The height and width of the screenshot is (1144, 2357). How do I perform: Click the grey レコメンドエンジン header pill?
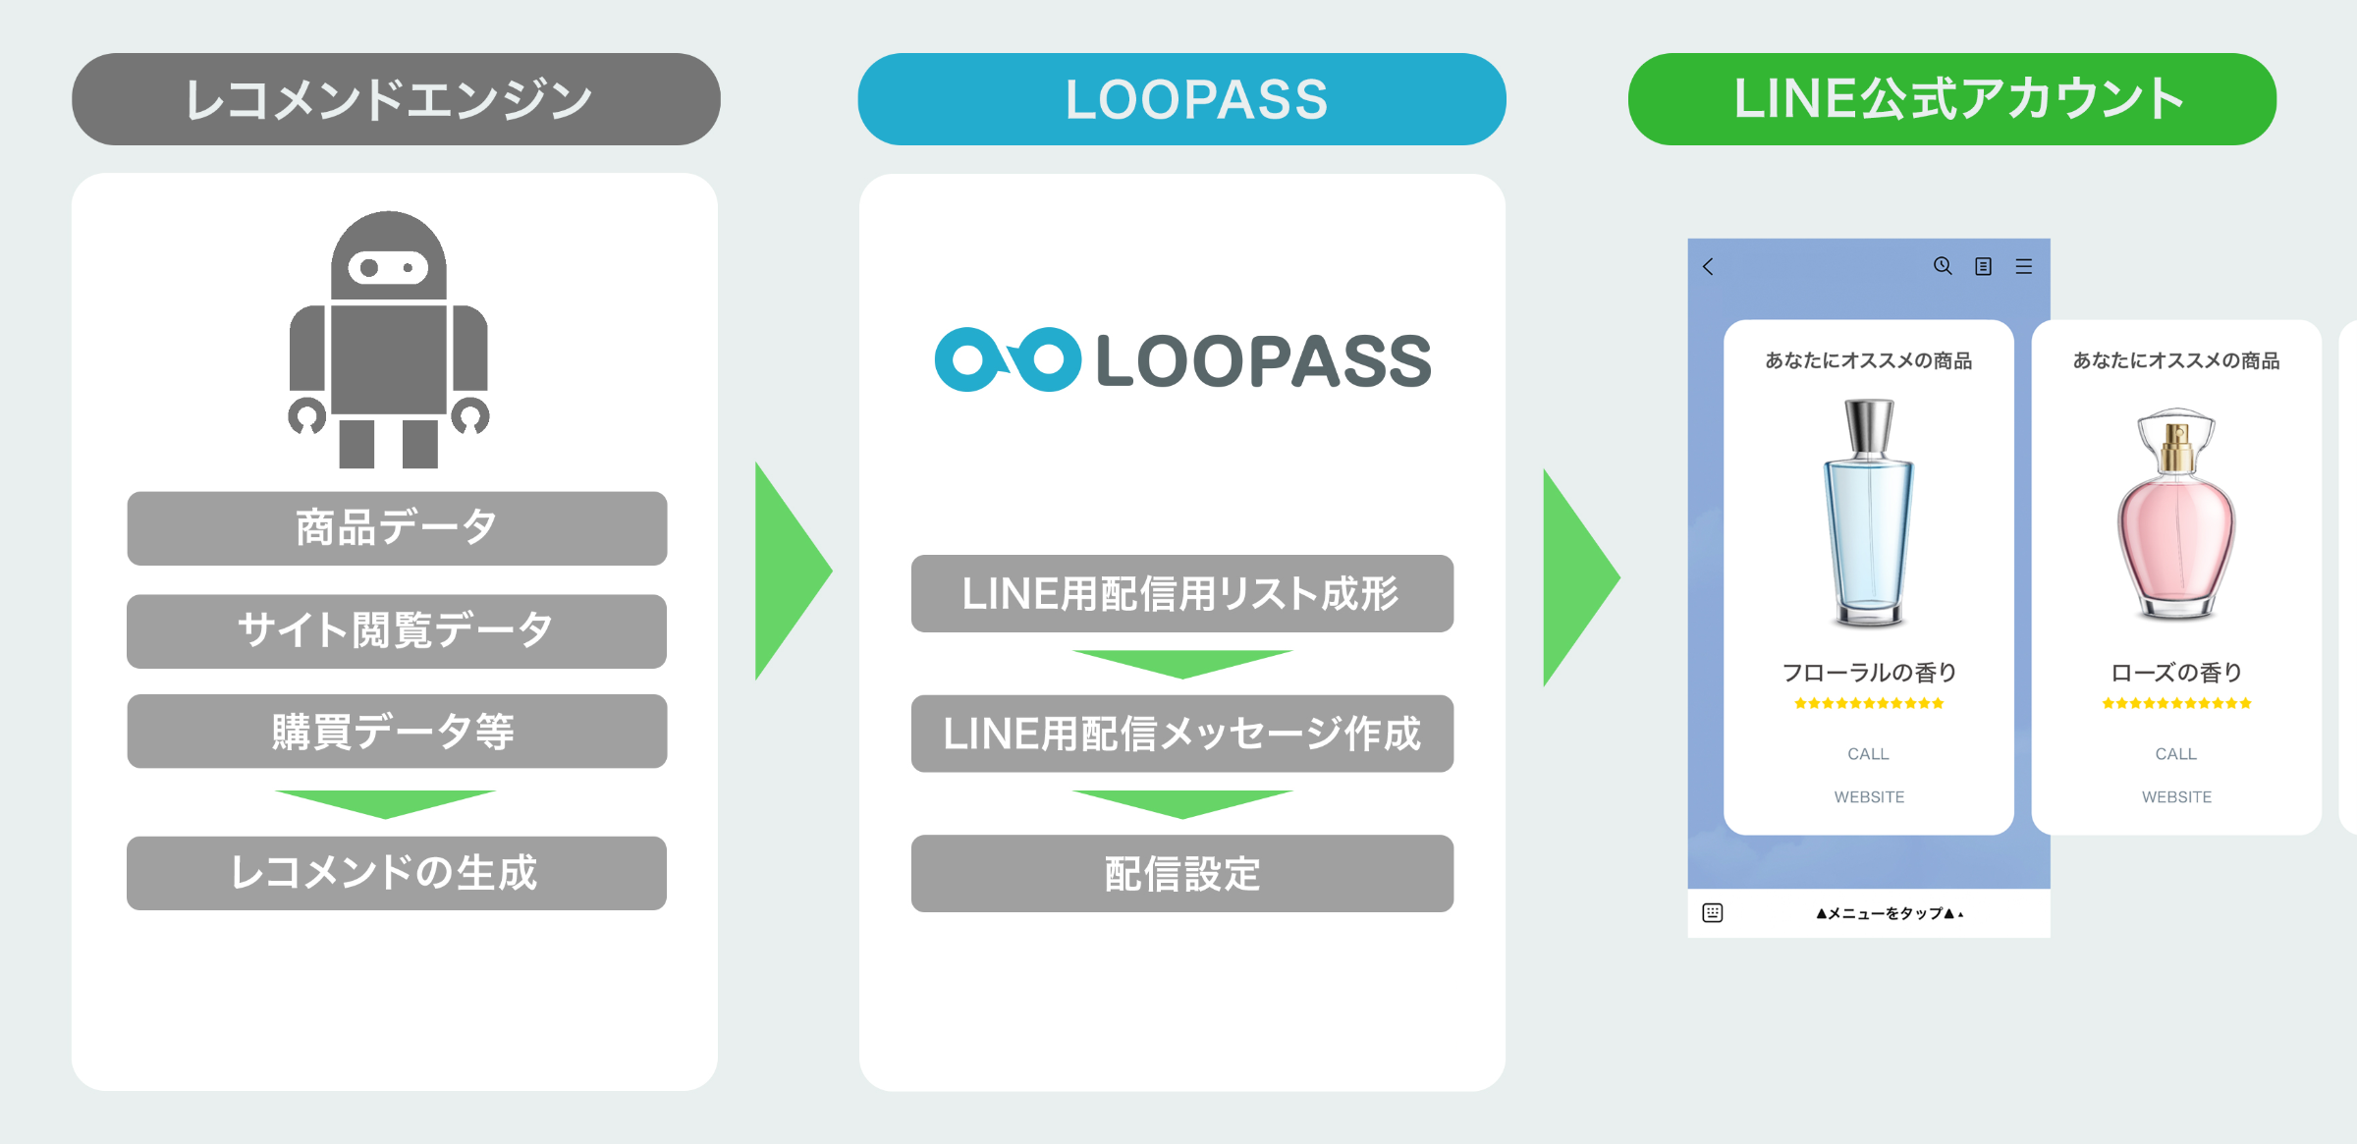[x=396, y=99]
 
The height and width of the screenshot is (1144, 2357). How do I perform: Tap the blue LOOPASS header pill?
[x=1181, y=99]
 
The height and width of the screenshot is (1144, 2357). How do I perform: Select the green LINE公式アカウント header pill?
[x=1952, y=99]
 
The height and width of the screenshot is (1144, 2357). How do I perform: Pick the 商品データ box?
[x=397, y=528]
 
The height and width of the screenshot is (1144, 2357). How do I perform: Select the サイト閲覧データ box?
[x=397, y=630]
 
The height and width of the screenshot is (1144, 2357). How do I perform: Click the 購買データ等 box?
[x=397, y=732]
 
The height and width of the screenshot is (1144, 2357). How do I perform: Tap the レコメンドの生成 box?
[x=397, y=873]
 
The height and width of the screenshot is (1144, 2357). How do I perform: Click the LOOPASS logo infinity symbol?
[x=1008, y=359]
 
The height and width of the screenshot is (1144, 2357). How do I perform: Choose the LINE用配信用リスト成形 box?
[x=1181, y=594]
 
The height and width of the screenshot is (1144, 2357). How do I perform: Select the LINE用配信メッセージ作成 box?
[x=1181, y=734]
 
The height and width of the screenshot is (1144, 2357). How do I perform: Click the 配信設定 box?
[x=1181, y=874]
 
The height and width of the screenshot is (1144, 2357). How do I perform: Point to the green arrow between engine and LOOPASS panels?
[x=791, y=571]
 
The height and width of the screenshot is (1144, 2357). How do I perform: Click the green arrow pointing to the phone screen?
[x=1578, y=577]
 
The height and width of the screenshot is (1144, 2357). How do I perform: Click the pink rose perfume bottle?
[x=2176, y=515]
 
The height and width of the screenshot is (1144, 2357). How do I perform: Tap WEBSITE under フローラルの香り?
[x=1869, y=797]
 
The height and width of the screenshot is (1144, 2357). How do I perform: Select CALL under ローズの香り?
[x=2175, y=754]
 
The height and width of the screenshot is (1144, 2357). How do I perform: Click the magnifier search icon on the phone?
[x=1942, y=266]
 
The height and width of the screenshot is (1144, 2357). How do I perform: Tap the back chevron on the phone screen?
[x=1709, y=267]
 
